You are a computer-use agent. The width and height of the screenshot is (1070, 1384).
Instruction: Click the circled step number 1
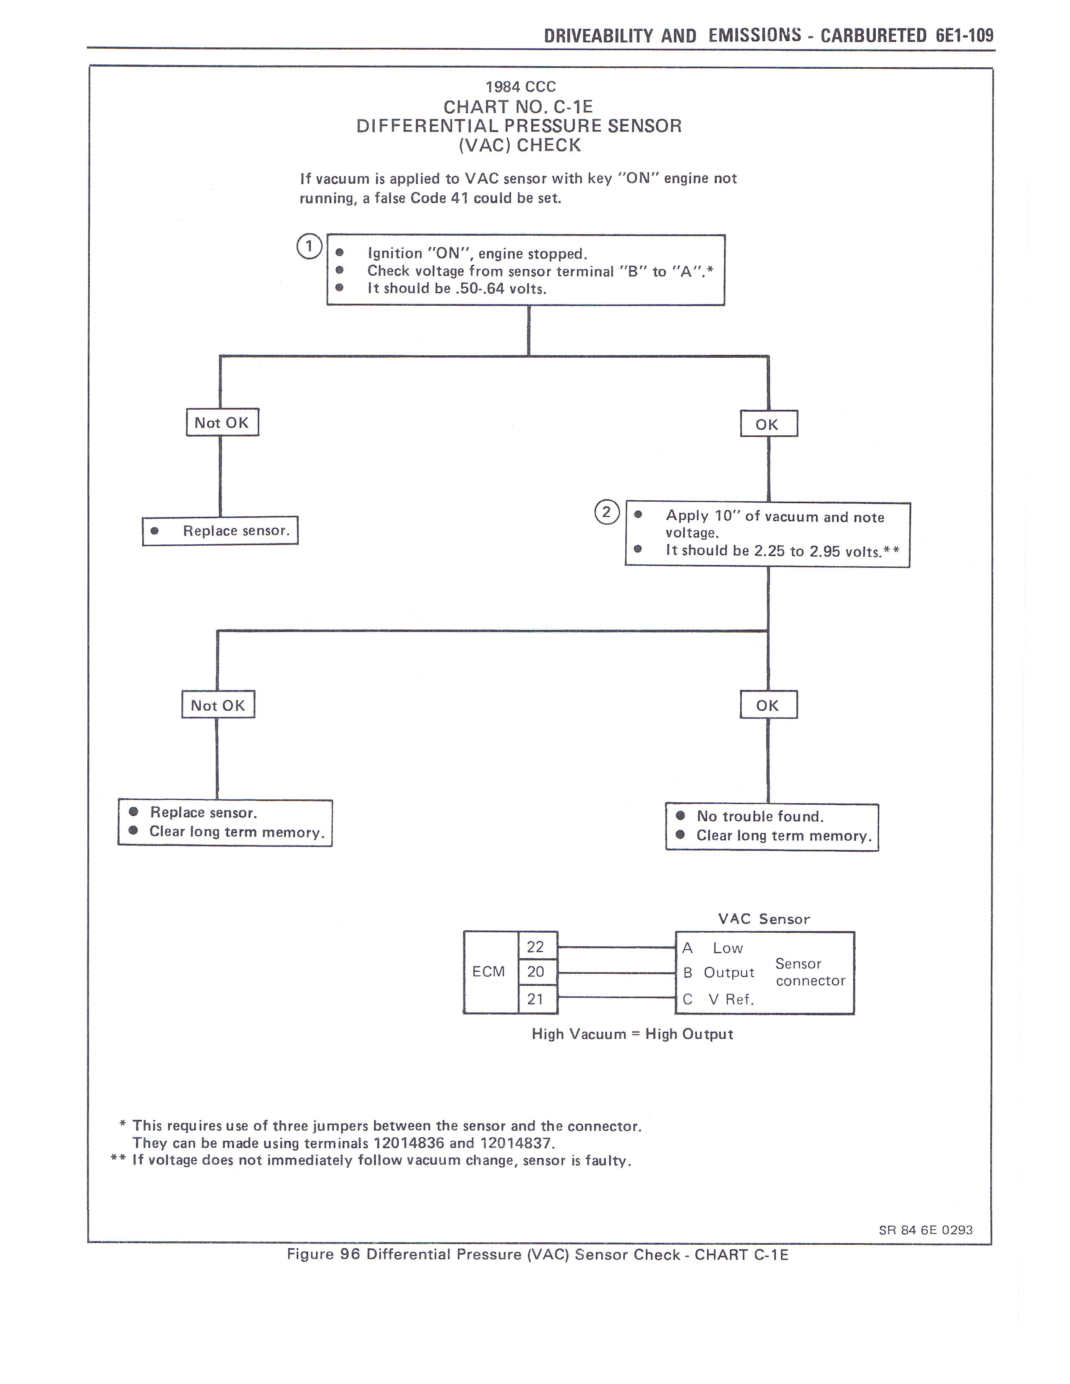coord(309,247)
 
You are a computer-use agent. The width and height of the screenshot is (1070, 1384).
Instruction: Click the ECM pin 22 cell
coord(536,947)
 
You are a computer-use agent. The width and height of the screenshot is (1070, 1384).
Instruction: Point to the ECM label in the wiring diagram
coord(489,971)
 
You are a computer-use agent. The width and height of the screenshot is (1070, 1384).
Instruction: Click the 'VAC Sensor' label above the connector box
coord(764,919)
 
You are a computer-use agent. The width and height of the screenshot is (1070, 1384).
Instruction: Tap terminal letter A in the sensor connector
coord(688,948)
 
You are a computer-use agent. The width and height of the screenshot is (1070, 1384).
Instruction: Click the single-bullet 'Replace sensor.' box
coord(220,531)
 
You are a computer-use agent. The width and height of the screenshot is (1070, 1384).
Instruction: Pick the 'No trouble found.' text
coord(760,816)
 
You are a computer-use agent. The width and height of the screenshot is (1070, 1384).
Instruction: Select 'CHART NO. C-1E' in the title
coord(518,107)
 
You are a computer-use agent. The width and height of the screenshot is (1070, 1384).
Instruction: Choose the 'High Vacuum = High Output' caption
coord(632,1034)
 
